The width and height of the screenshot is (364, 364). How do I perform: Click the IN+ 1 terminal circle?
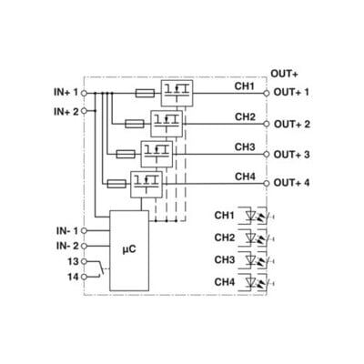[84, 93]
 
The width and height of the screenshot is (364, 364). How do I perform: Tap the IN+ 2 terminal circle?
[84, 111]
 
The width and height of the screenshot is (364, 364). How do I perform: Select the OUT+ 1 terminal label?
[291, 92]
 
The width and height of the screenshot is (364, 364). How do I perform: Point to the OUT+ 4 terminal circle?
[267, 183]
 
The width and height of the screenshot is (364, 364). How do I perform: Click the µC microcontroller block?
[129, 250]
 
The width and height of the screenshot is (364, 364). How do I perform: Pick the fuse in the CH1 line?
[145, 94]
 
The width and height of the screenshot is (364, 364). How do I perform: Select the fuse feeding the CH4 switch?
[116, 184]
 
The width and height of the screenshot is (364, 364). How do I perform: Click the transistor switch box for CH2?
[167, 124]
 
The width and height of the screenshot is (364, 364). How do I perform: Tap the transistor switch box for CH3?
[157, 154]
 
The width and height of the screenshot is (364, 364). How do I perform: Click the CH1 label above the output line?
[245, 86]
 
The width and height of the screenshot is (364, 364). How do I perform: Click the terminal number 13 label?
[73, 261]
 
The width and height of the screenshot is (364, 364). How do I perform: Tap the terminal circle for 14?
[84, 277]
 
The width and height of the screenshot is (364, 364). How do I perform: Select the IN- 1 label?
[67, 231]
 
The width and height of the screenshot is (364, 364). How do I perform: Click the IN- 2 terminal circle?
[84, 246]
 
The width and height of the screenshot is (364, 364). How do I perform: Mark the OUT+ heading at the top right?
[284, 74]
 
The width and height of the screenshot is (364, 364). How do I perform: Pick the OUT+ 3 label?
[291, 155]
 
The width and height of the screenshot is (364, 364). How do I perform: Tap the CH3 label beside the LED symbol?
[225, 260]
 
